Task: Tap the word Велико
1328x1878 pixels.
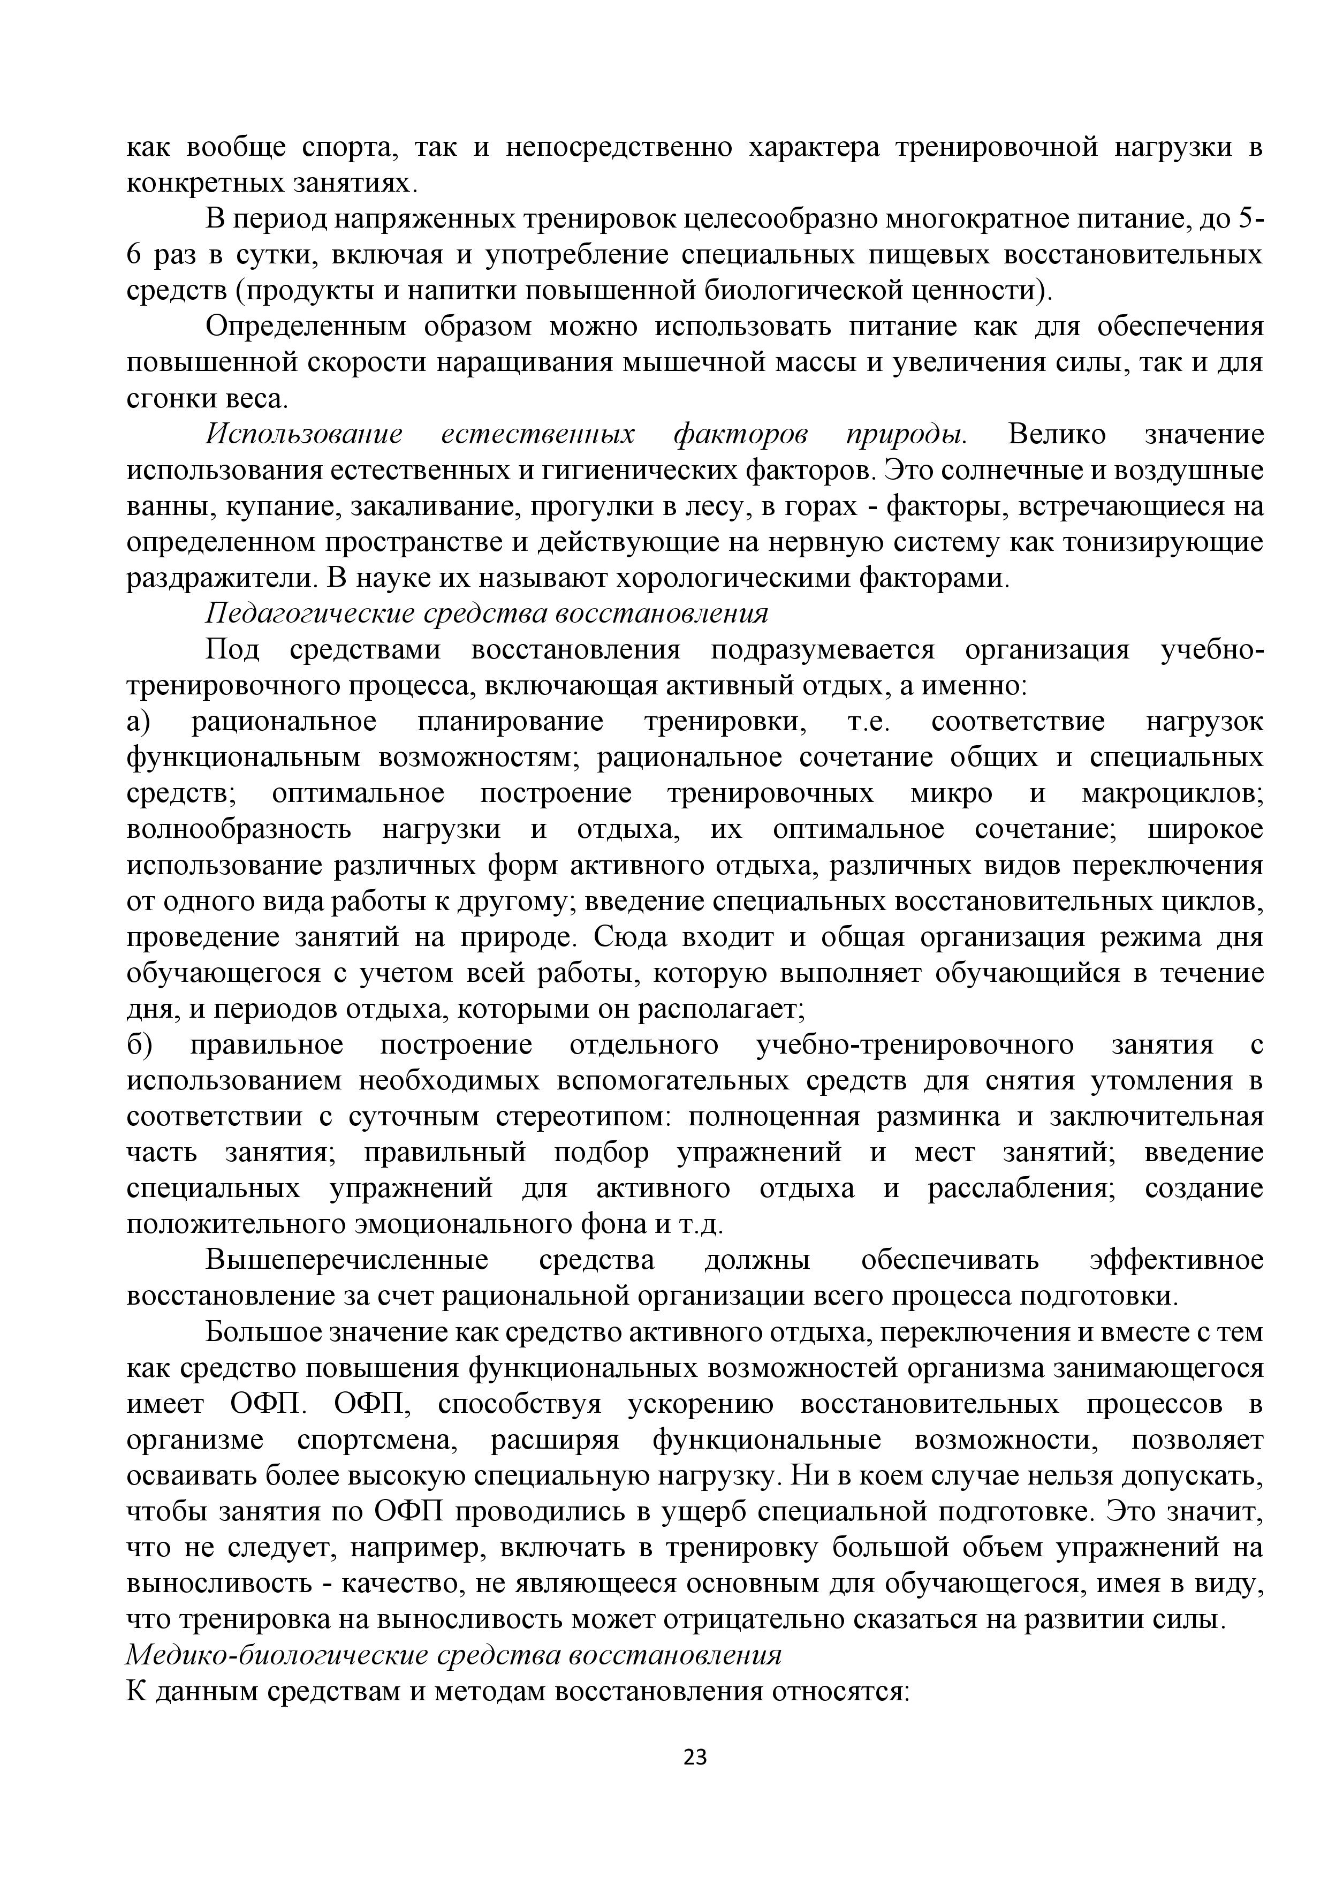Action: [1057, 434]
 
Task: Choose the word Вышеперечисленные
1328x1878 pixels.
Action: [347, 1260]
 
